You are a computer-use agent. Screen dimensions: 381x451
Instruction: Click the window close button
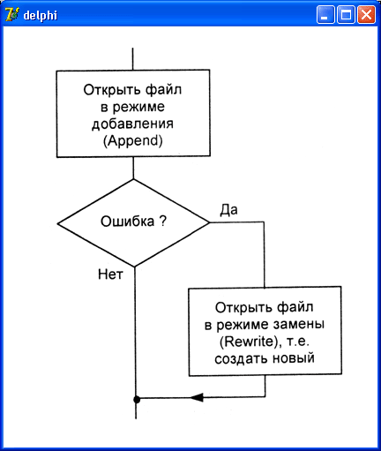tap(366, 15)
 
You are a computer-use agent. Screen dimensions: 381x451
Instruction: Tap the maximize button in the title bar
tap(346, 15)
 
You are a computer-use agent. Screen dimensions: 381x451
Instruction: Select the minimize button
tap(325, 15)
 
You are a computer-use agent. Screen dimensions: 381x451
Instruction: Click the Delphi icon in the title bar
tap(12, 14)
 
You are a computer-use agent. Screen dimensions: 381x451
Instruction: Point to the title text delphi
tap(41, 15)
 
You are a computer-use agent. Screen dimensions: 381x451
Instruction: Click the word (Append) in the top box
tap(133, 140)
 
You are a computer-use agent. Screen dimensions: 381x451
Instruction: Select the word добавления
tap(132, 124)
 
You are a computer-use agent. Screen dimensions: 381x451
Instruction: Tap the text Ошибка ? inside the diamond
tap(133, 221)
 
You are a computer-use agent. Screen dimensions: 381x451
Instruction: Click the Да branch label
tap(228, 210)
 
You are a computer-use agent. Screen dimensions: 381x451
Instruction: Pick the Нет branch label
tap(110, 274)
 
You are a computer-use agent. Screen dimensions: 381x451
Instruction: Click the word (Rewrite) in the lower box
tap(249, 342)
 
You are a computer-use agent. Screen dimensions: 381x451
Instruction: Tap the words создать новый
tap(265, 358)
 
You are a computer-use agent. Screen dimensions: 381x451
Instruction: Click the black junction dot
tap(137, 400)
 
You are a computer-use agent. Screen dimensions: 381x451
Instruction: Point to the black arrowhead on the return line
tap(197, 397)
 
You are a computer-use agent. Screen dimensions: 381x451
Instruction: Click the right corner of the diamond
tap(210, 222)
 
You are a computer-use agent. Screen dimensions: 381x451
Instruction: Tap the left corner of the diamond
tap(57, 223)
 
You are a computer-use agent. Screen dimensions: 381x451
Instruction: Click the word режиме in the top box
tap(138, 107)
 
